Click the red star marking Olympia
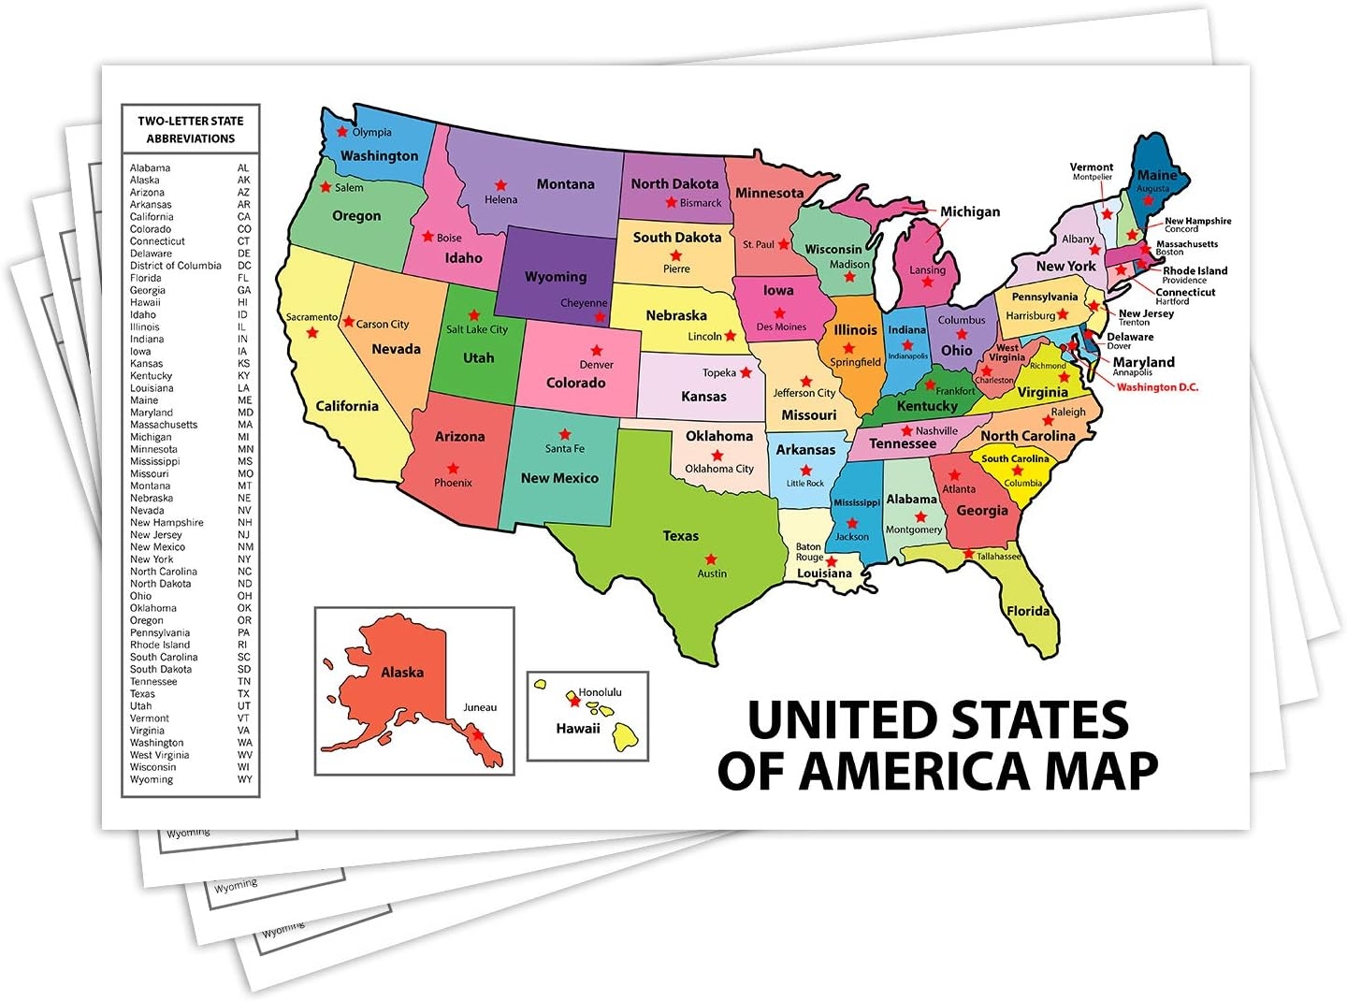pyautogui.click(x=342, y=132)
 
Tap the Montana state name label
pyautogui.click(x=565, y=184)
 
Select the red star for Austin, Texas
pyautogui.click(x=711, y=559)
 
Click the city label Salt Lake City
pyautogui.click(x=477, y=329)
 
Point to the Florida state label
pyautogui.click(x=1027, y=611)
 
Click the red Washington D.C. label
pyautogui.click(x=1157, y=387)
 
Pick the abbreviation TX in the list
pyautogui.click(x=244, y=694)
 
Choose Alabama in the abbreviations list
pyautogui.click(x=150, y=168)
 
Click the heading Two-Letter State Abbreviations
pyautogui.click(x=191, y=129)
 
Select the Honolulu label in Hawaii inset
pyautogui.click(x=600, y=692)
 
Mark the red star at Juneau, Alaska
pyautogui.click(x=478, y=735)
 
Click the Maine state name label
pyautogui.click(x=1156, y=175)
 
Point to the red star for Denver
pyautogui.click(x=596, y=351)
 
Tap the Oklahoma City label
pyautogui.click(x=718, y=469)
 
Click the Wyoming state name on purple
pyautogui.click(x=556, y=277)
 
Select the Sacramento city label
pyautogui.click(x=311, y=317)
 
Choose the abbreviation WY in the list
pyautogui.click(x=245, y=779)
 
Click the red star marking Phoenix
pyautogui.click(x=453, y=469)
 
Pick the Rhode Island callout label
pyautogui.click(x=1195, y=270)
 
